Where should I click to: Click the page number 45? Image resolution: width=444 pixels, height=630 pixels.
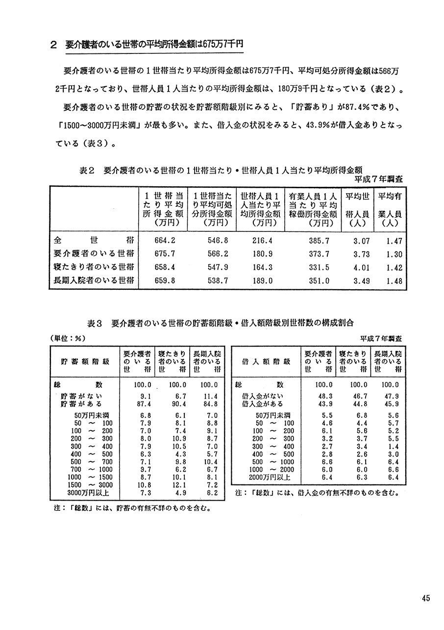(x=425, y=598)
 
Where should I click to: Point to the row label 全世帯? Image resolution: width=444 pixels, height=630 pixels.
(x=93, y=241)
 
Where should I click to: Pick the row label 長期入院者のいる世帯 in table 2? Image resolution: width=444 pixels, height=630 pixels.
(x=93, y=281)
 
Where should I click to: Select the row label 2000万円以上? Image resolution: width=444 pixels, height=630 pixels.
(x=270, y=477)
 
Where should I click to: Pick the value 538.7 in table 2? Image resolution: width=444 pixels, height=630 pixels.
(x=213, y=281)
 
